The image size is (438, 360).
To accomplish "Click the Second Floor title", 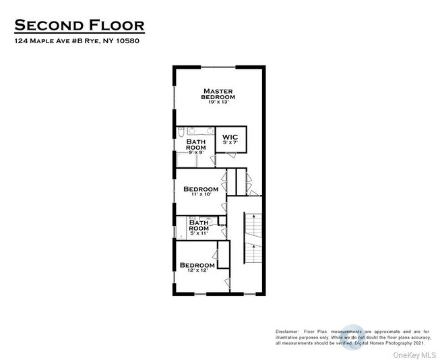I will click(x=80, y=26).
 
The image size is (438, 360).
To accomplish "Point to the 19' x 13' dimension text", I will click(x=218, y=104).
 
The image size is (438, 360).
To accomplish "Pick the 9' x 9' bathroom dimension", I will click(x=195, y=152).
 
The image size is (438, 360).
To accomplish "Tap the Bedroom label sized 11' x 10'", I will click(x=201, y=189).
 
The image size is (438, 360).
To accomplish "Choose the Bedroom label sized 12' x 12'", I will click(x=197, y=265).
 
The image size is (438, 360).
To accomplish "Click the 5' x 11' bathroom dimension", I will click(x=199, y=233).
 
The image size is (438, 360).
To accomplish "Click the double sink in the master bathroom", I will click(x=200, y=130).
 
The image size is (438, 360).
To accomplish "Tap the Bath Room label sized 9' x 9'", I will click(x=195, y=144).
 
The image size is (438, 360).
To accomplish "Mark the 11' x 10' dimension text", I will click(x=201, y=195).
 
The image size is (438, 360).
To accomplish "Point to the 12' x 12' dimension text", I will click(x=197, y=271).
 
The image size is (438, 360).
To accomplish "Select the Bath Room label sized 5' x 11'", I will click(x=199, y=225).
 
